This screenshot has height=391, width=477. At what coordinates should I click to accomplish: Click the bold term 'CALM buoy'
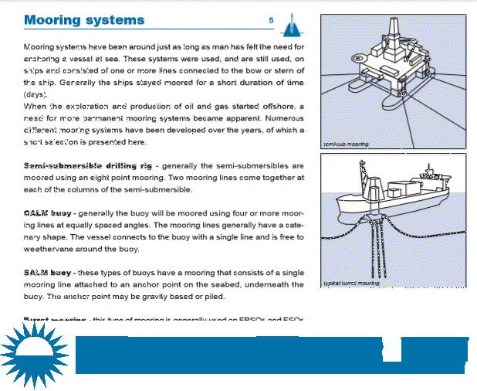pyautogui.click(x=49, y=211)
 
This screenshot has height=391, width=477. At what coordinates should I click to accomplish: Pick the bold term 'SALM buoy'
pyautogui.click(x=49, y=272)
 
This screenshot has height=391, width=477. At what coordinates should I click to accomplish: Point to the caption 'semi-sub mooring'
pyautogui.click(x=345, y=144)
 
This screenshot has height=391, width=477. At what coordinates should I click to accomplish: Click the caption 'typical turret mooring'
pyautogui.click(x=351, y=284)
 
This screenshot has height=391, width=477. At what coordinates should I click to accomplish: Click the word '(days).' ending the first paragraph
pyautogui.click(x=38, y=93)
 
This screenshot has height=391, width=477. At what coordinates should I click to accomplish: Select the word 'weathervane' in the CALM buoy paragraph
pyautogui.click(x=57, y=248)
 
